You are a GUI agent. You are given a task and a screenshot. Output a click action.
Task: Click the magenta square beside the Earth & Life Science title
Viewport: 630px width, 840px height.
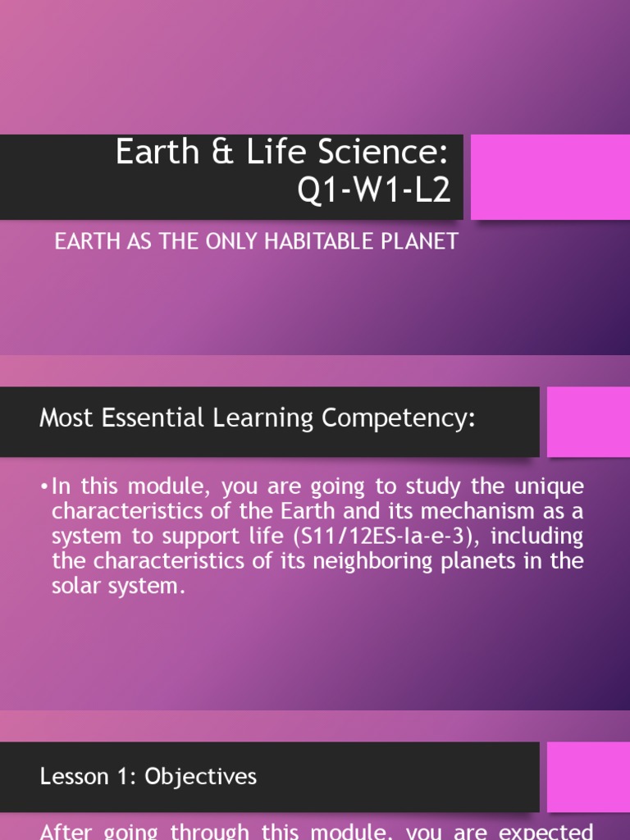point(550,177)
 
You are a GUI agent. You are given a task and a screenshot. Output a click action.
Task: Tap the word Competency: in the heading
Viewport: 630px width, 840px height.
point(399,418)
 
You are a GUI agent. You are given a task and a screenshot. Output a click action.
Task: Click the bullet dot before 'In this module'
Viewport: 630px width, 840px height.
point(43,486)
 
